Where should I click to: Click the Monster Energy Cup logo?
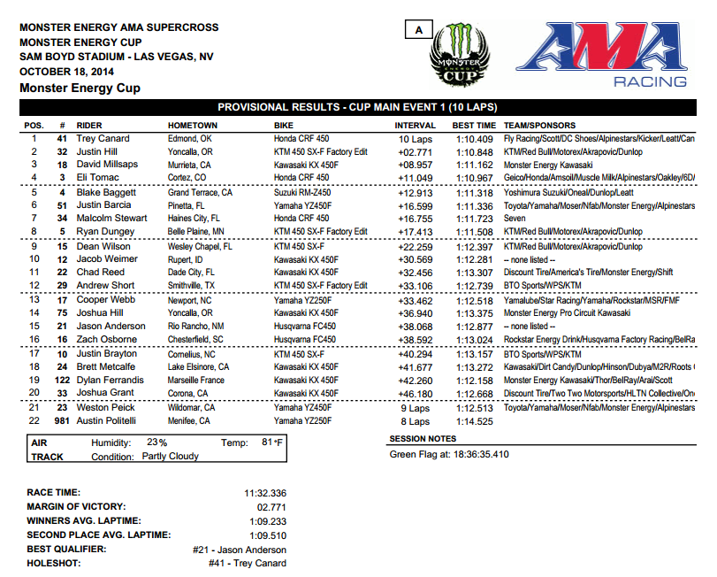click(x=459, y=55)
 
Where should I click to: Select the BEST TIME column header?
click(x=474, y=126)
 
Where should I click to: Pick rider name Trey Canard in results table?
click(x=103, y=139)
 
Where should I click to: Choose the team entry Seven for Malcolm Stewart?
click(x=515, y=219)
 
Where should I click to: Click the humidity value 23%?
click(x=156, y=442)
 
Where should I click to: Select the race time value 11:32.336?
click(x=266, y=492)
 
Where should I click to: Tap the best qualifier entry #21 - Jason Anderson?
click(x=239, y=550)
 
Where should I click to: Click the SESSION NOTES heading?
click(x=423, y=438)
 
